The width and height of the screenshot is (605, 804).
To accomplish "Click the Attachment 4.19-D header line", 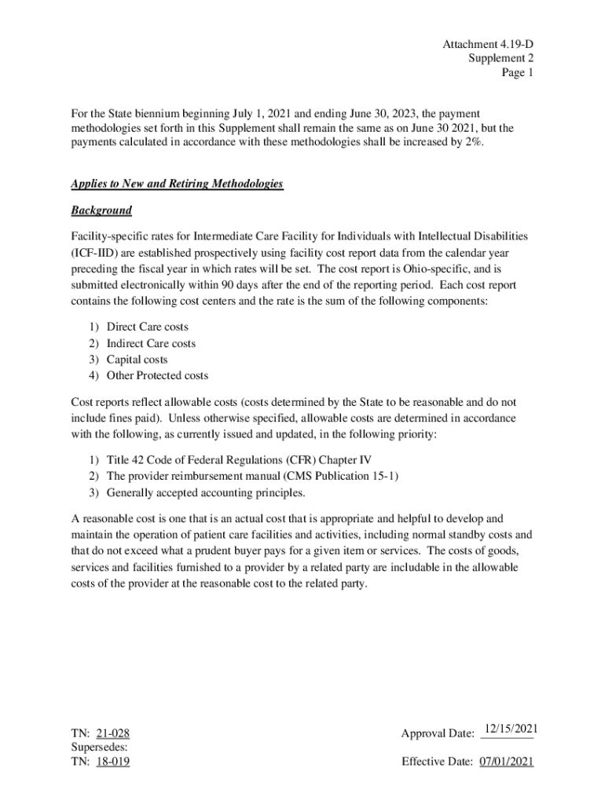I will pyautogui.click(x=488, y=44).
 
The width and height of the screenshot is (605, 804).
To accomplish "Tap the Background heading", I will pyautogui.click(x=101, y=210).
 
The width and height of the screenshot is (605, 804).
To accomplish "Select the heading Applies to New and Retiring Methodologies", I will pyautogui.click(x=177, y=184).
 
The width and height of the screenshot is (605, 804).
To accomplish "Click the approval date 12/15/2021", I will pyautogui.click(x=510, y=730).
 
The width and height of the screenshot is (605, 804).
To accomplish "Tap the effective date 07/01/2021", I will pyautogui.click(x=506, y=762).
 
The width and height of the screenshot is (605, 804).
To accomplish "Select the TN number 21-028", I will pyautogui.click(x=112, y=734).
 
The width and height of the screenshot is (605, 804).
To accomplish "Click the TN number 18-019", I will pyautogui.click(x=112, y=762).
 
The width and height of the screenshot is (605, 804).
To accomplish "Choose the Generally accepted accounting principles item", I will pyautogui.click(x=206, y=492).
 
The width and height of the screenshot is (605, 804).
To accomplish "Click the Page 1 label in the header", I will pyautogui.click(x=518, y=73).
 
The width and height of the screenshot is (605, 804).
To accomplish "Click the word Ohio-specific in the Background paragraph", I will pyautogui.click(x=425, y=269).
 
